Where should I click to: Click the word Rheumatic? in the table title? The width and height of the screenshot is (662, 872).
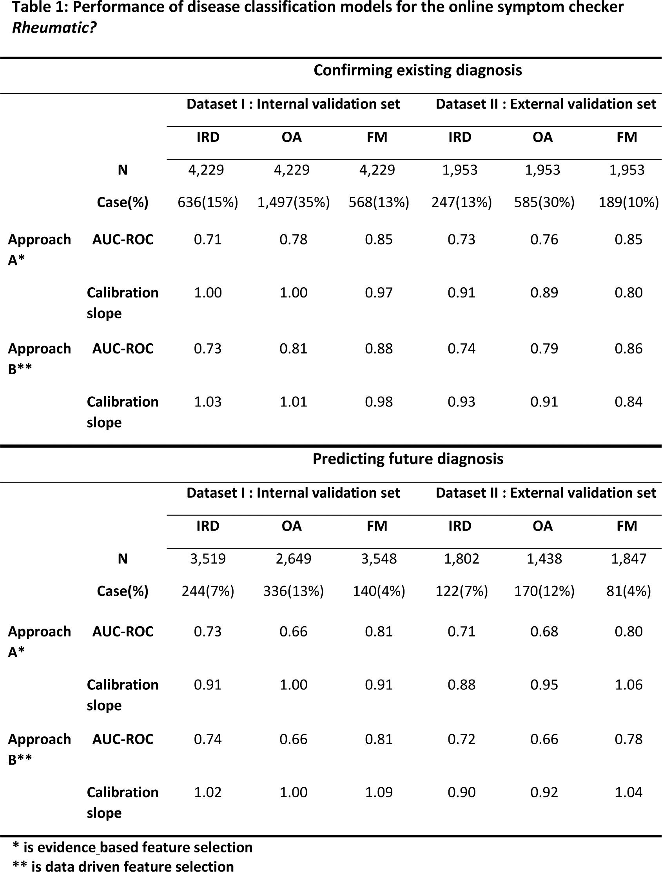(x=54, y=28)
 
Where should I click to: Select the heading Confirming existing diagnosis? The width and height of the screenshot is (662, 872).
(x=417, y=70)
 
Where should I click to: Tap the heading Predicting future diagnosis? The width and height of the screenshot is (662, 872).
(x=408, y=459)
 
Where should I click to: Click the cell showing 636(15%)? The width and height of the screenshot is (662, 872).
(x=208, y=202)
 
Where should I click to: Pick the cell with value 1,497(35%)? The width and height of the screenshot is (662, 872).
(x=293, y=202)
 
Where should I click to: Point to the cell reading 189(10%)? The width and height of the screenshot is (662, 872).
(x=628, y=202)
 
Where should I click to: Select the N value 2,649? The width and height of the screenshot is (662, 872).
(x=293, y=558)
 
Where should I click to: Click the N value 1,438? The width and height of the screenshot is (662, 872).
(x=544, y=558)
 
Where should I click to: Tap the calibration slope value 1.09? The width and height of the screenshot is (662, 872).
(x=379, y=792)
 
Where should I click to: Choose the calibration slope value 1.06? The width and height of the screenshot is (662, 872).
(x=628, y=685)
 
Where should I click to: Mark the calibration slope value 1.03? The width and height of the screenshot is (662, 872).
(x=208, y=402)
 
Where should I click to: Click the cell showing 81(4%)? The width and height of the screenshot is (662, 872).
(x=628, y=591)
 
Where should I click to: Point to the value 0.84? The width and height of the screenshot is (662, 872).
(x=628, y=402)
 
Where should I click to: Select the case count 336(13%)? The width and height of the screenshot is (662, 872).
(x=293, y=591)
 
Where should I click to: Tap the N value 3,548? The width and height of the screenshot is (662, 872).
(x=379, y=558)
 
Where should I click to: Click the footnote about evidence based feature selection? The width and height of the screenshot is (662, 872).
(x=132, y=847)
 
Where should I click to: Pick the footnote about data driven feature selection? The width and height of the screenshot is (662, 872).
(x=123, y=865)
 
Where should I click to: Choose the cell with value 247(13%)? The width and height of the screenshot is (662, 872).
(x=461, y=202)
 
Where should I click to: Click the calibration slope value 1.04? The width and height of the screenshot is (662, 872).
(x=628, y=792)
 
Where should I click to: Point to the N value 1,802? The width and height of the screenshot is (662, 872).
(x=461, y=558)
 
